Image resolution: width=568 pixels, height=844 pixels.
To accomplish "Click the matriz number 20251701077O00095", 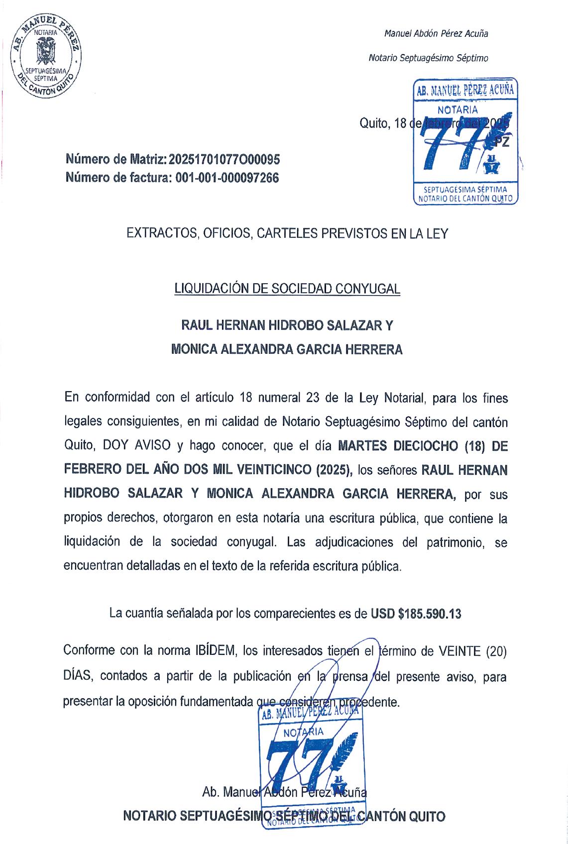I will [x=225, y=160].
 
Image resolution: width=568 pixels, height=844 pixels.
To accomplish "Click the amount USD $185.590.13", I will [x=416, y=614].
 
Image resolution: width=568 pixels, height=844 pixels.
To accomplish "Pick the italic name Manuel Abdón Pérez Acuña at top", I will [x=436, y=34].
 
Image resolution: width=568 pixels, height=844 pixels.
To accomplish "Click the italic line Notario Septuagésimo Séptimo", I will [x=428, y=58].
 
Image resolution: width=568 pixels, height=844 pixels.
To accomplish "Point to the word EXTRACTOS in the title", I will [x=158, y=233].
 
